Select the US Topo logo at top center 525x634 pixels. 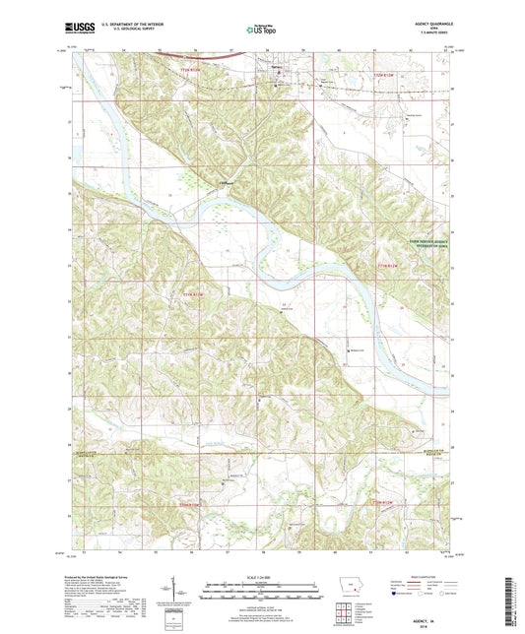coord(259,31)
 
